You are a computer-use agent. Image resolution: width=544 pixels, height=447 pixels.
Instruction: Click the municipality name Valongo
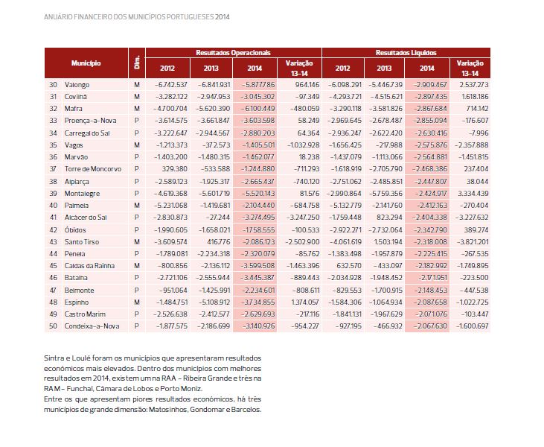[77, 85]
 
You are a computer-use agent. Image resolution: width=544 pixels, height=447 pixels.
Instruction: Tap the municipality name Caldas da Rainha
[88, 266]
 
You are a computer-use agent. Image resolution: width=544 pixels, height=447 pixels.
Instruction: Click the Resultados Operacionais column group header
[233, 53]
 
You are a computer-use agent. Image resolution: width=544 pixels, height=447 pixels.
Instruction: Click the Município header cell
[86, 63]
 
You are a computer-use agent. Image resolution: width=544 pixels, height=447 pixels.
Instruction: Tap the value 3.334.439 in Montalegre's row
[473, 194]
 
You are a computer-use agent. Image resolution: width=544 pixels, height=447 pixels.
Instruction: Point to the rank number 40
[53, 206]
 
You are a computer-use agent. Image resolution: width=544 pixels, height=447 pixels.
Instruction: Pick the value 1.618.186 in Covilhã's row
[473, 97]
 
